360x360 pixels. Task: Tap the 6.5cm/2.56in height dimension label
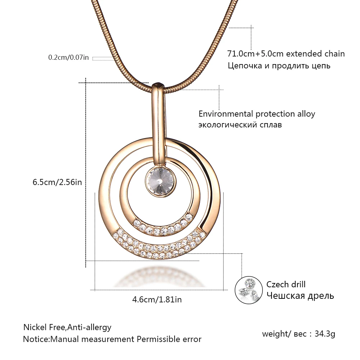click(x=57, y=182)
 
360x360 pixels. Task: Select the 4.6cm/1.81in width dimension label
click(x=157, y=300)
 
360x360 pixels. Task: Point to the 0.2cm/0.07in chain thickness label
click(x=68, y=57)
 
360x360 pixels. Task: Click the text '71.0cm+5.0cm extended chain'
click(x=286, y=54)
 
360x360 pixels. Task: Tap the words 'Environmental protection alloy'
click(x=257, y=114)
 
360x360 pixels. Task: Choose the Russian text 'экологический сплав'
click(x=240, y=125)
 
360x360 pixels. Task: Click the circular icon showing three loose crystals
click(x=249, y=290)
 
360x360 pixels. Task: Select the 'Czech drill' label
click(x=286, y=284)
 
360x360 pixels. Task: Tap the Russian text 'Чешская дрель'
click(x=300, y=296)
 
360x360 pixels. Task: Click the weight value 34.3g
click(x=325, y=334)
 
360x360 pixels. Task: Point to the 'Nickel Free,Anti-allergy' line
click(x=67, y=327)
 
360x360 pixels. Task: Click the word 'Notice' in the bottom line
click(x=36, y=339)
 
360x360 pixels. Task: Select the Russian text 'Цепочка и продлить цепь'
click(x=279, y=66)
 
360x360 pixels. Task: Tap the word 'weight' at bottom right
click(x=274, y=334)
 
